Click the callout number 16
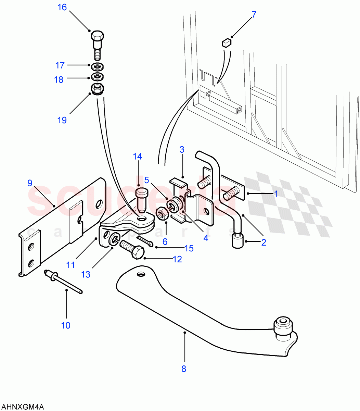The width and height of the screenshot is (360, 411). tap(62, 7)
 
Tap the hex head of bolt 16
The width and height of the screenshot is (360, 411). tap(98, 36)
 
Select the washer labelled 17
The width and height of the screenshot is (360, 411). tap(98, 66)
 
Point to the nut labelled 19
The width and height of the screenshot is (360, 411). tap(98, 89)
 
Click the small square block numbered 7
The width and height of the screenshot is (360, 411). tap(227, 43)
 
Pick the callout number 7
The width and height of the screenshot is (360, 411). tap(254, 15)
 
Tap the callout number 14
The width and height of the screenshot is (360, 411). tap(137, 157)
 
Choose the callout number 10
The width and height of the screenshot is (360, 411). tap(66, 325)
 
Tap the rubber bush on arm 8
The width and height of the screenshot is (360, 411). tap(283, 326)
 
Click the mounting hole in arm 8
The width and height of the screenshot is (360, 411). tap(140, 274)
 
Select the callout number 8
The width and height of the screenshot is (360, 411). tap(184, 369)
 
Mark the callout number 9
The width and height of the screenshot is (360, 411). tap(30, 183)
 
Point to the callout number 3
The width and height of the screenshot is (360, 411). tap(182, 150)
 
